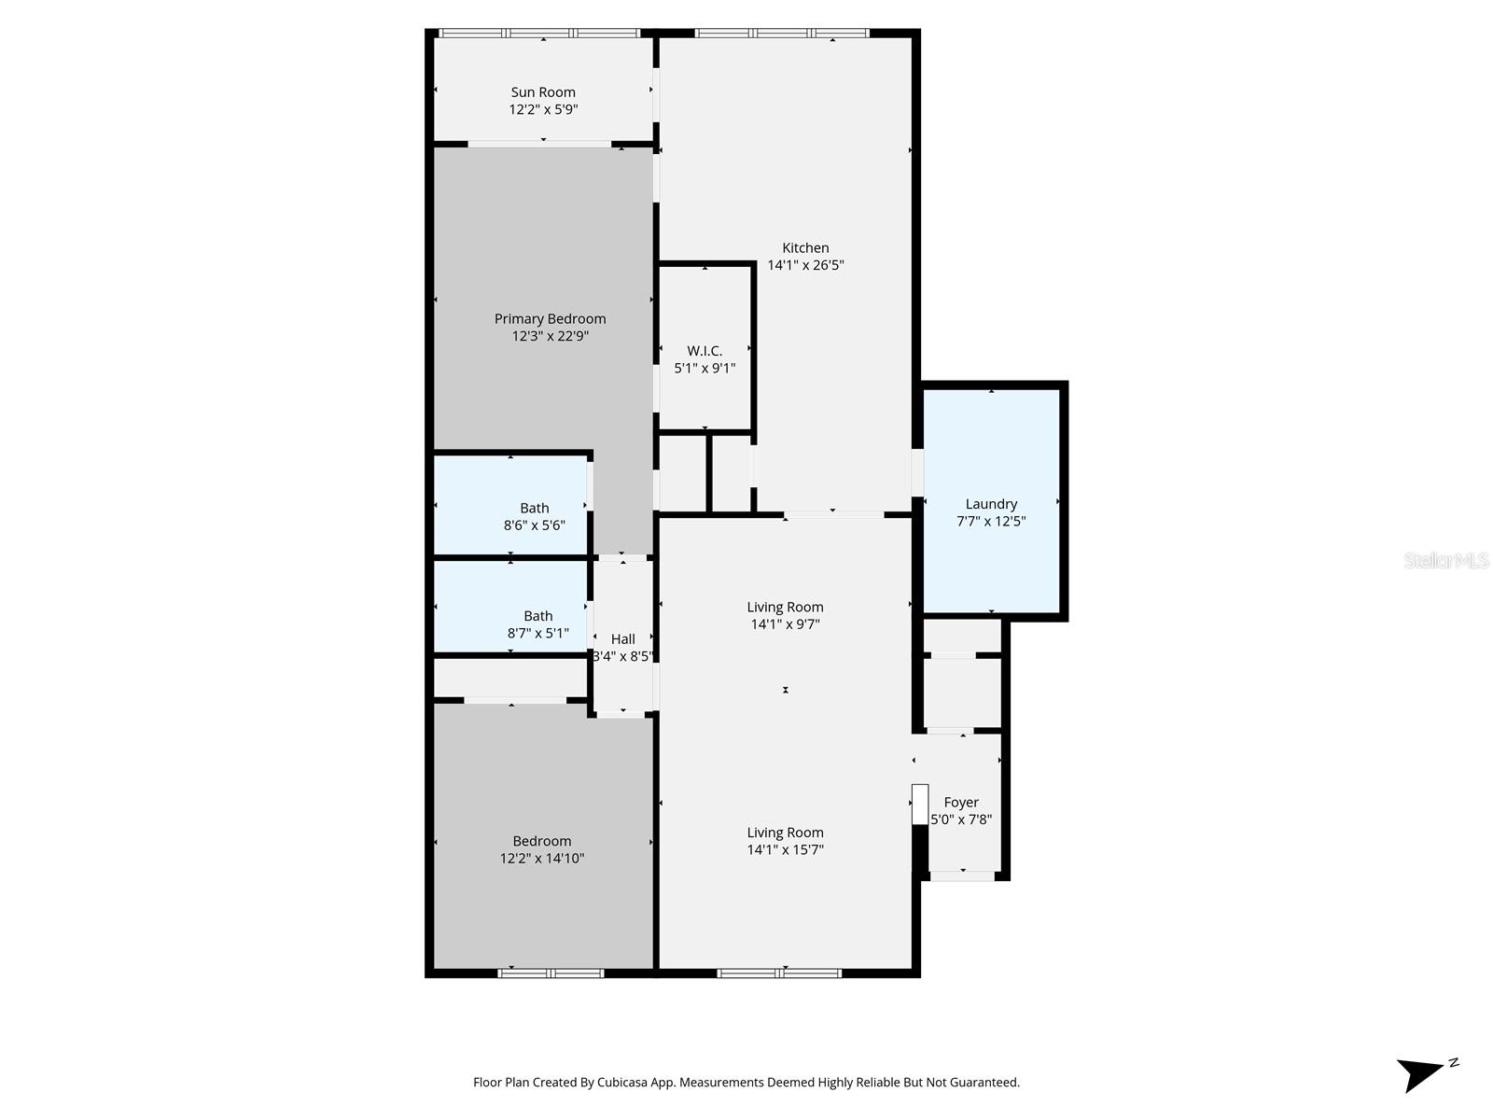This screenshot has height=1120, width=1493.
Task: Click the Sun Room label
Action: pos(543,92)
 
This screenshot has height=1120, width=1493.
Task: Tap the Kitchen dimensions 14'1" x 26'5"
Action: pos(805,265)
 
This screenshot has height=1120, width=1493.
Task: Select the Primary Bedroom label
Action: pos(550,319)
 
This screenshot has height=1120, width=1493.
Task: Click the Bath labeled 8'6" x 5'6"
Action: pos(534,516)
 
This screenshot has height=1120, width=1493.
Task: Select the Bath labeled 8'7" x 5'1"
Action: pos(537,623)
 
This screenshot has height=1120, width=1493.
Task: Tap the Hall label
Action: pos(622,639)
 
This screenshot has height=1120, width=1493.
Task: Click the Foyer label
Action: pos(961,803)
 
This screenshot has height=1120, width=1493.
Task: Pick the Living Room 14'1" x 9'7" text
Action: pos(785,615)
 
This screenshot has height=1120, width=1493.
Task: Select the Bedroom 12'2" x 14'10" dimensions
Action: pos(542,859)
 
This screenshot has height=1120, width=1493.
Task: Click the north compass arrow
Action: pos(1424,1073)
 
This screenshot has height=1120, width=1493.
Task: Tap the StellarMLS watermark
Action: pos(1446,561)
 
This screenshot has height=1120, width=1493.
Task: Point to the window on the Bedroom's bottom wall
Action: pos(551,973)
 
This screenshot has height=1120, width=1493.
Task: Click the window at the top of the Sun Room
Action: pos(540,34)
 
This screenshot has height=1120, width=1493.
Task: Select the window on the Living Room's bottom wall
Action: pos(779,973)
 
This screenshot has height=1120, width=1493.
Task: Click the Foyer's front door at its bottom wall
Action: pos(962,875)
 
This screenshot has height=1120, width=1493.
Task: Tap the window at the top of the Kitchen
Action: pos(782,34)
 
